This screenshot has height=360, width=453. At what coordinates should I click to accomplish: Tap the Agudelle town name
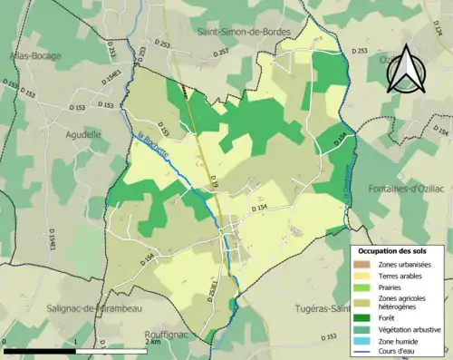click(x=84, y=133)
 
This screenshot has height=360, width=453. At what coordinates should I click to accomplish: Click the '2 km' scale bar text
click(x=153, y=342)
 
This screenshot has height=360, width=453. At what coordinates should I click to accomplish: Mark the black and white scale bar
click(x=72, y=351)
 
